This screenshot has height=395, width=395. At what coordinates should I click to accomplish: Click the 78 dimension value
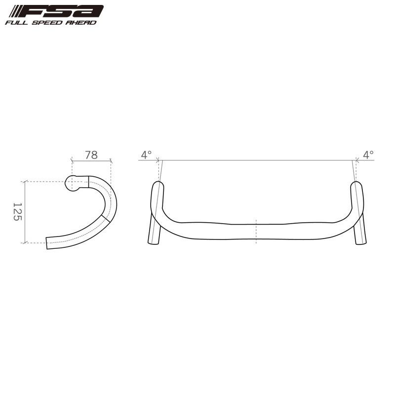click(x=91, y=155)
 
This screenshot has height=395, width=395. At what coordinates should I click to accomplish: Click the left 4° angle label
click(x=146, y=155)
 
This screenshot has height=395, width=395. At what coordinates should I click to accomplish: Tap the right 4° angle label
click(x=368, y=155)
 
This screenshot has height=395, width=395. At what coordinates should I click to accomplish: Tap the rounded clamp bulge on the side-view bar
click(x=72, y=183)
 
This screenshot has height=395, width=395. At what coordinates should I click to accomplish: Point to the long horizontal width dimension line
click(x=257, y=160)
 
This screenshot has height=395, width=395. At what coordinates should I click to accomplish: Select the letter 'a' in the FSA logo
click(x=92, y=11)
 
